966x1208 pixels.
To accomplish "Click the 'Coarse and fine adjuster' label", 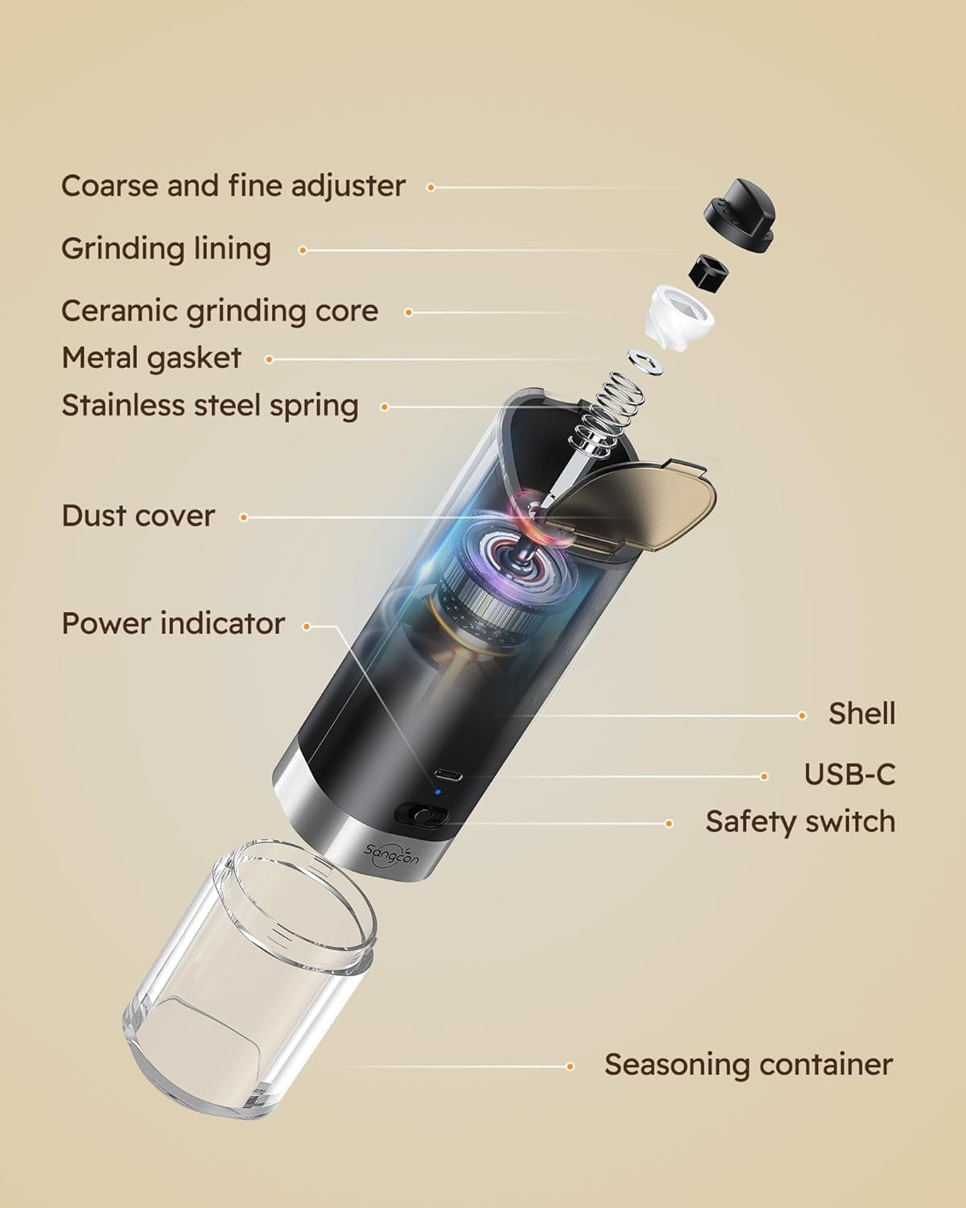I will [x=233, y=186].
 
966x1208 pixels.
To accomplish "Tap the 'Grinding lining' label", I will [x=166, y=249].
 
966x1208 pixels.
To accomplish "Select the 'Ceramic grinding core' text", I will [x=220, y=311].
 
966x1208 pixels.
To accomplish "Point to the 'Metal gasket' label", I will [x=151, y=358].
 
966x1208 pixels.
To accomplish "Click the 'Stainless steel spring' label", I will [x=210, y=405].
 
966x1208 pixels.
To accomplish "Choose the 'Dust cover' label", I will [x=138, y=516].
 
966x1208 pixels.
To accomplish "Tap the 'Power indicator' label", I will [x=173, y=624].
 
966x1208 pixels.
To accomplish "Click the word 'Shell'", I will [x=861, y=714].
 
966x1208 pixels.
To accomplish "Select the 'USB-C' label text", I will [x=849, y=775].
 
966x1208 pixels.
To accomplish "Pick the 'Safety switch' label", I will [x=800, y=822].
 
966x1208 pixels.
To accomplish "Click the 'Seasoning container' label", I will [x=749, y=1065].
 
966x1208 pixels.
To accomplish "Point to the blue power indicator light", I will [x=437, y=792].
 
